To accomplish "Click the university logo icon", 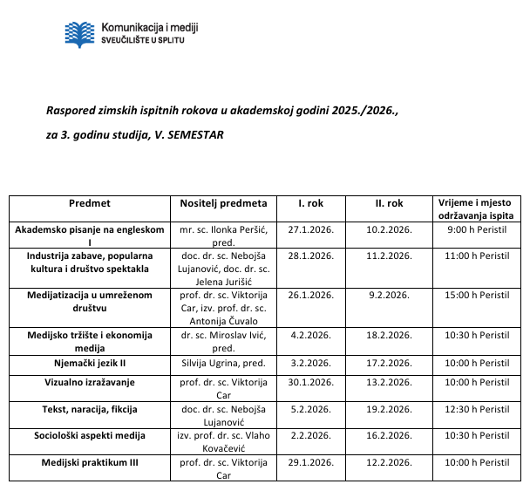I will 82,32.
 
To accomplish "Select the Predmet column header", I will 90,203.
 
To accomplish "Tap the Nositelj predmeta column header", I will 223,203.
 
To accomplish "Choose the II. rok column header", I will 389,203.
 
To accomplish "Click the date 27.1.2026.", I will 311,229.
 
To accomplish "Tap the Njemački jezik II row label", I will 90,363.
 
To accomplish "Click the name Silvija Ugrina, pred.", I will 223,363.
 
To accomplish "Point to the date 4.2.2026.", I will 311,335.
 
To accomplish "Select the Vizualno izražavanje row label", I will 90,382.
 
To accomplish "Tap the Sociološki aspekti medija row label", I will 90,434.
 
